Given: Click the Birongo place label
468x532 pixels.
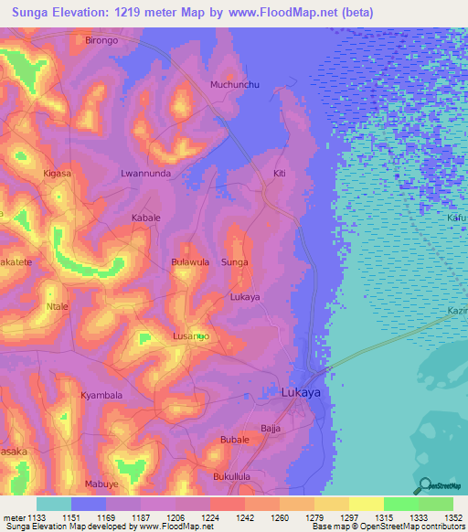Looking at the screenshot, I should [101, 41].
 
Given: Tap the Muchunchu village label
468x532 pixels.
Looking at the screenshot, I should [236, 85].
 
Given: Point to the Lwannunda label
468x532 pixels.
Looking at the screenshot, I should [146, 173].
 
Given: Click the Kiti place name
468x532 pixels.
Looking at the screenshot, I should [280, 173].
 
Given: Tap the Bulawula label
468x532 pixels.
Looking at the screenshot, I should [191, 262].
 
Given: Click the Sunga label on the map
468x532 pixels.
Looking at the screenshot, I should [235, 262].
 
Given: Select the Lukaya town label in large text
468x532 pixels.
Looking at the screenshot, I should [301, 392].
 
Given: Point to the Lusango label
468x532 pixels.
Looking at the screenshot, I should [191, 337].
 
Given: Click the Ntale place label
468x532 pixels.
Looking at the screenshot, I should [58, 306].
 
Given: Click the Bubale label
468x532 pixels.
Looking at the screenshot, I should [235, 440].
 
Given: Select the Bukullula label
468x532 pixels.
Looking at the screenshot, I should [231, 476].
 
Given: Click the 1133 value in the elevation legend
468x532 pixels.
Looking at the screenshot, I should [37, 517].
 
